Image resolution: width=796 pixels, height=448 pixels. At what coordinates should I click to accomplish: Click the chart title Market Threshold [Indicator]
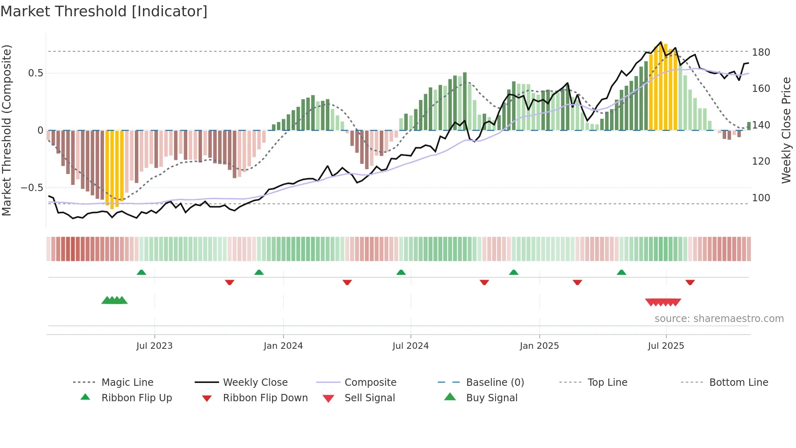point(104,11)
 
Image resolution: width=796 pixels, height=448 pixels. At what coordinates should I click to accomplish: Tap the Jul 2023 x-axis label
point(154,346)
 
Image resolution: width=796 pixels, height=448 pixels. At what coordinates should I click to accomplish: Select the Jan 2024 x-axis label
point(283,346)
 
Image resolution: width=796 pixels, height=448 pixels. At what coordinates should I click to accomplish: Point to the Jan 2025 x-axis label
point(539,346)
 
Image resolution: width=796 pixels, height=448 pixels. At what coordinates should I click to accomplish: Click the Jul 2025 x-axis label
point(666,346)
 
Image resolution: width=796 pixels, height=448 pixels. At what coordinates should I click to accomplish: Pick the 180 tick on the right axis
point(761,52)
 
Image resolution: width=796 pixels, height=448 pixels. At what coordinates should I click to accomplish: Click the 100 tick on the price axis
point(761,198)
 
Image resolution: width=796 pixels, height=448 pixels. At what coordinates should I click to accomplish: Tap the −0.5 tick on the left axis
point(32,188)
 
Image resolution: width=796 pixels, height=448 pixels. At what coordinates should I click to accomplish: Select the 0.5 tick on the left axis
point(35,73)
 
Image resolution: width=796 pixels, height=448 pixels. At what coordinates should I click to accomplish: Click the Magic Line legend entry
point(127,383)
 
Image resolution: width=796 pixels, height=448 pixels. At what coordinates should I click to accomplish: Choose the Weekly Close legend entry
point(255,383)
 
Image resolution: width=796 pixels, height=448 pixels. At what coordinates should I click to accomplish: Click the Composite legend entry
point(370,383)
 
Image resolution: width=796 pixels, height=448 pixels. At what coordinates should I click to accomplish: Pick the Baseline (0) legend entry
point(495,383)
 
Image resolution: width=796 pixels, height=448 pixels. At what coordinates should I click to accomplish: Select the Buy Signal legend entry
point(491,398)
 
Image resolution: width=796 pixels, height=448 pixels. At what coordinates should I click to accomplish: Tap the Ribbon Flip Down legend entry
point(265,398)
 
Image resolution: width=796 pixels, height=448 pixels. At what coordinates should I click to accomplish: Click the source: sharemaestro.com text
point(719,319)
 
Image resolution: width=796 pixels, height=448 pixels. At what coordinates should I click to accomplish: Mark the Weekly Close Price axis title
point(786,130)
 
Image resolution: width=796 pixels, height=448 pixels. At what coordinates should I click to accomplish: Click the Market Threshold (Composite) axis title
point(6,130)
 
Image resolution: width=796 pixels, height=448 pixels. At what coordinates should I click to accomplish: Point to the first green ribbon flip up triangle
point(141,272)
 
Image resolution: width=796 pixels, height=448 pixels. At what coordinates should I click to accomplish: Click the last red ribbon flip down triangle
point(690,282)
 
